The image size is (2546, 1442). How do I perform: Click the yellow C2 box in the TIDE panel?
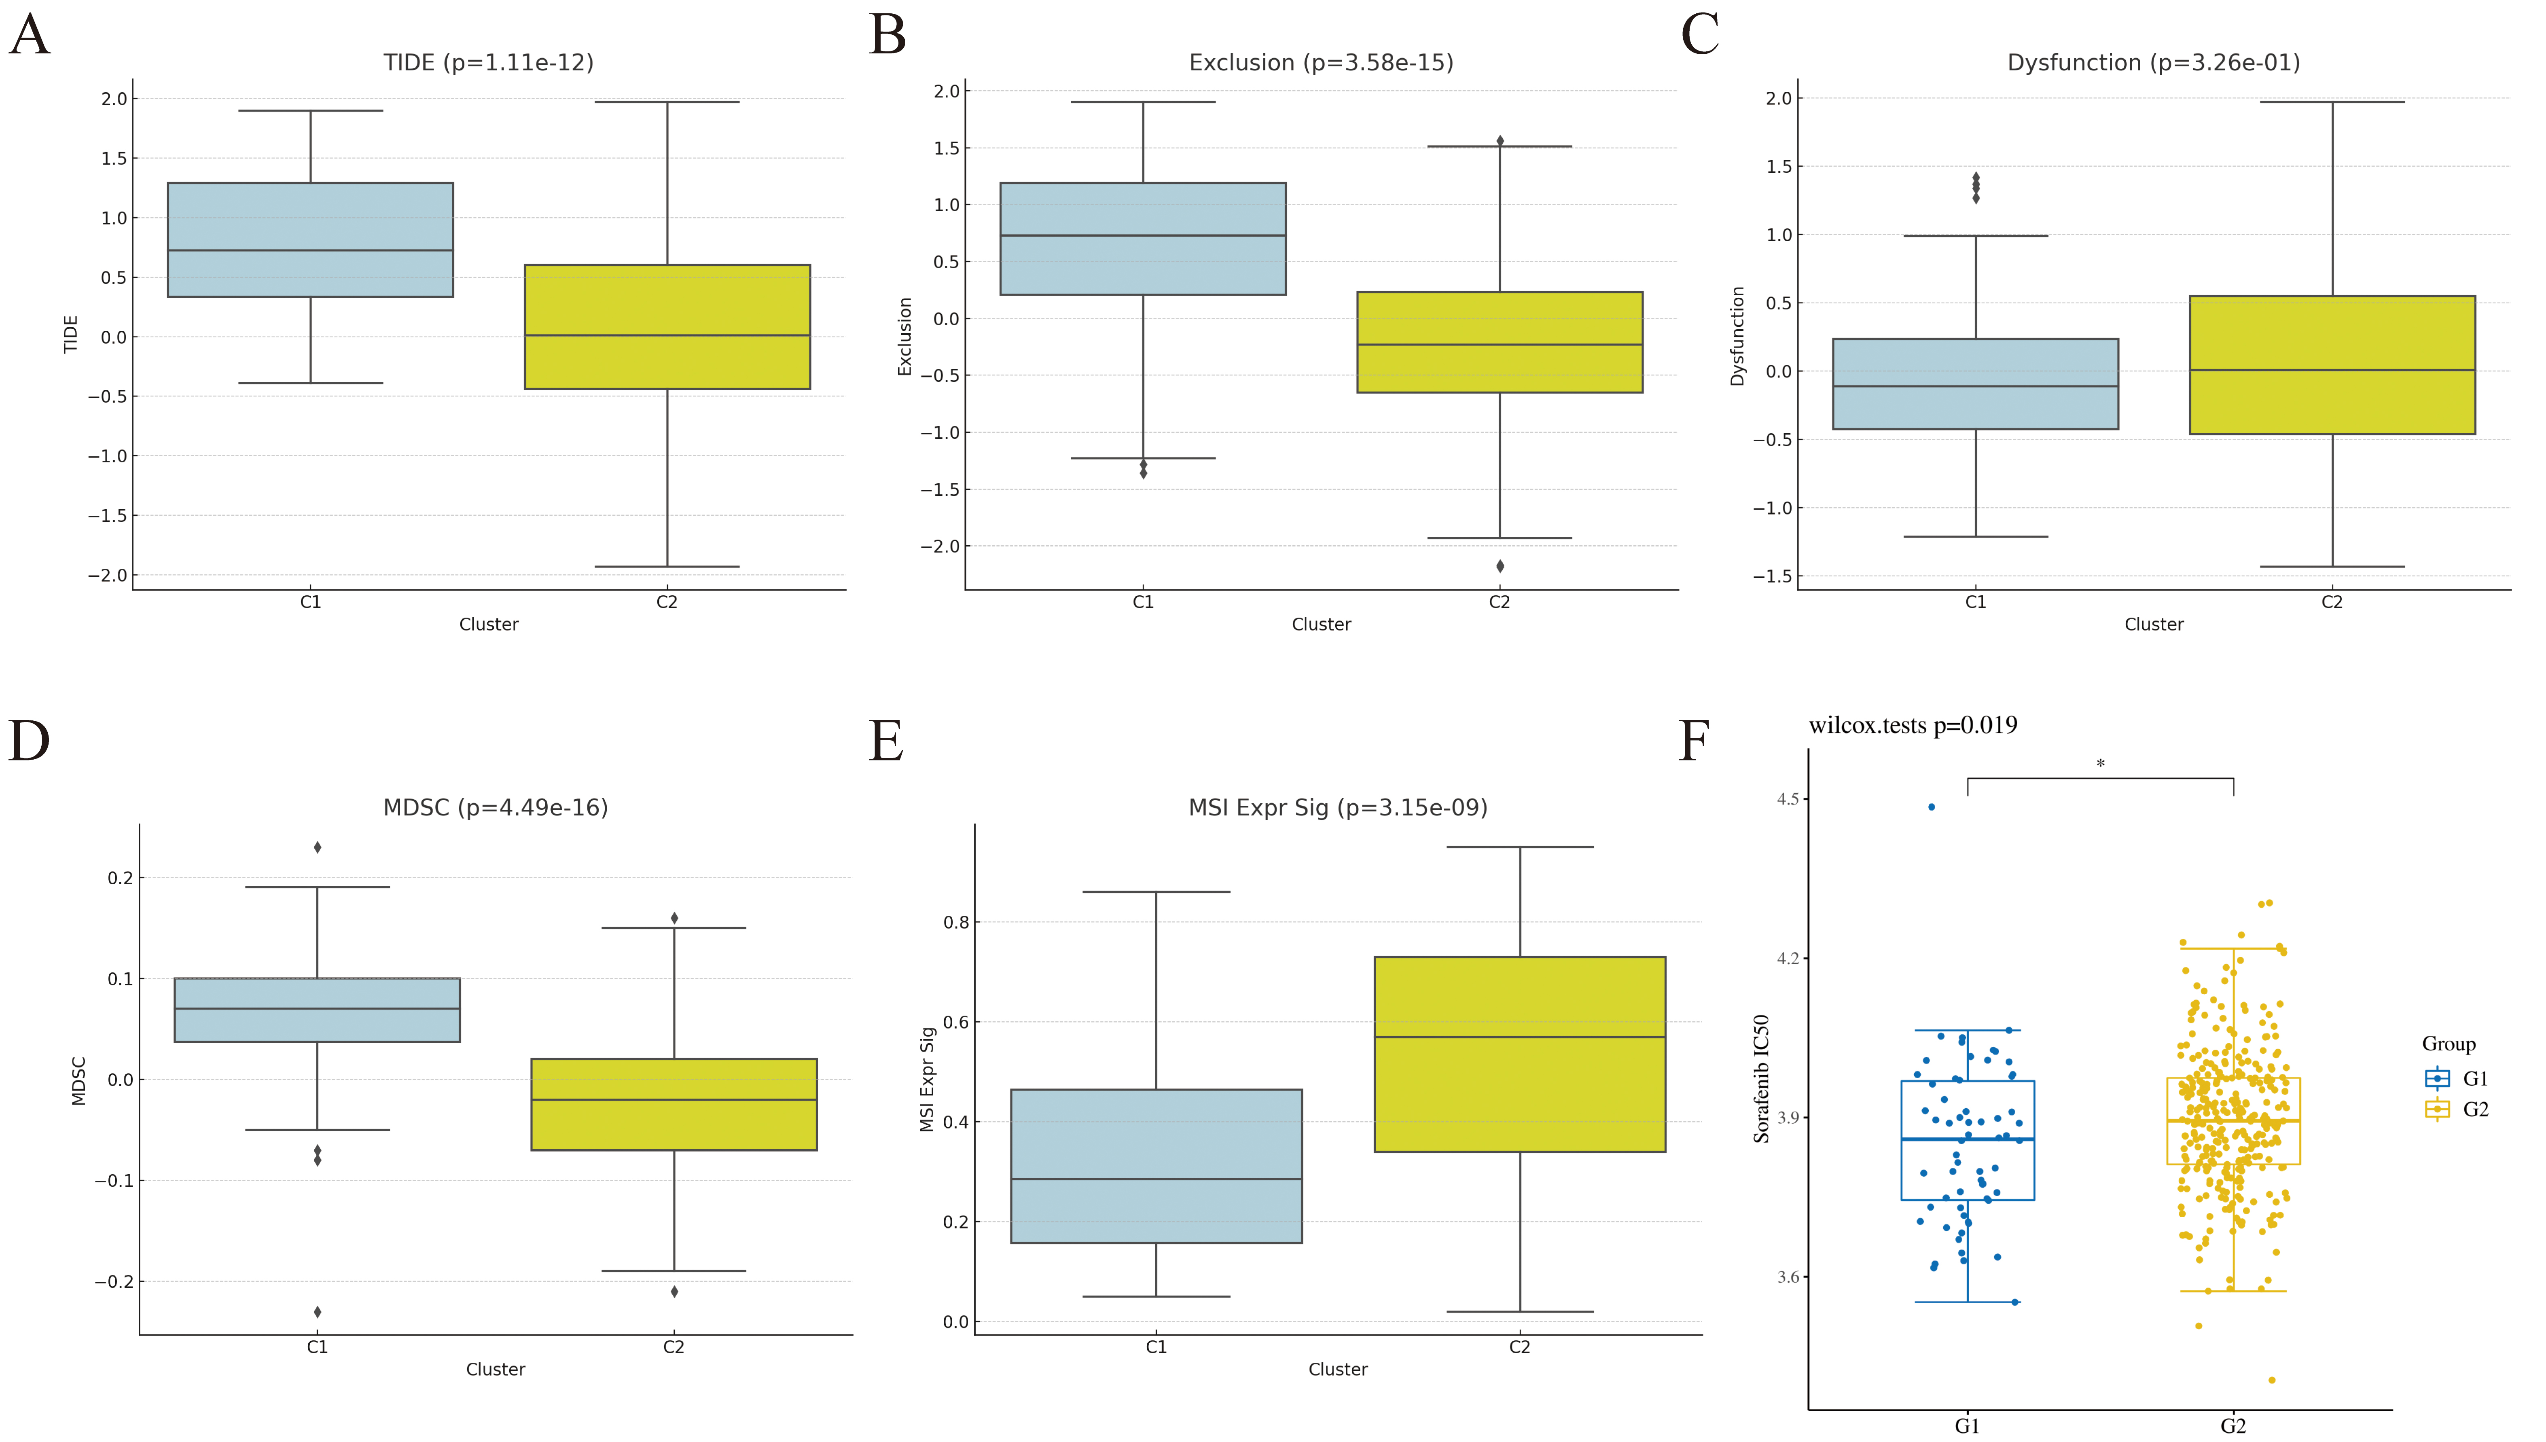pos(667,327)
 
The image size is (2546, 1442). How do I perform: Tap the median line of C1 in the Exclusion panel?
pos(1143,236)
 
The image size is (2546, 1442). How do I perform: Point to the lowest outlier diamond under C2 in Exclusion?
pos(1499,567)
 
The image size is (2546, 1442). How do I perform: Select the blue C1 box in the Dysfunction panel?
pos(1974,384)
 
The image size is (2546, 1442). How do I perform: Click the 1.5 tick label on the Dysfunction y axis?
pos(1779,166)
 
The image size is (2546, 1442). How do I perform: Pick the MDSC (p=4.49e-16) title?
pos(495,808)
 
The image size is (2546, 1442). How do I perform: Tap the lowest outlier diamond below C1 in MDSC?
pos(317,1312)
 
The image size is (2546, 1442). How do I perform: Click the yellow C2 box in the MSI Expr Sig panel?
pos(1519,1054)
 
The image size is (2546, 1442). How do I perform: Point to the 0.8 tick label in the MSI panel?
pos(955,922)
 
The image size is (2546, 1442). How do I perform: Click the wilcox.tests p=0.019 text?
pos(1912,726)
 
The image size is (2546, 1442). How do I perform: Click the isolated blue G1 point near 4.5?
pos(1931,807)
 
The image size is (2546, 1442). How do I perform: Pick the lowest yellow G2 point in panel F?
pos(2272,1380)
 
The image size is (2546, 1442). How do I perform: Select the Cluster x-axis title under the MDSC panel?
pos(495,1370)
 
